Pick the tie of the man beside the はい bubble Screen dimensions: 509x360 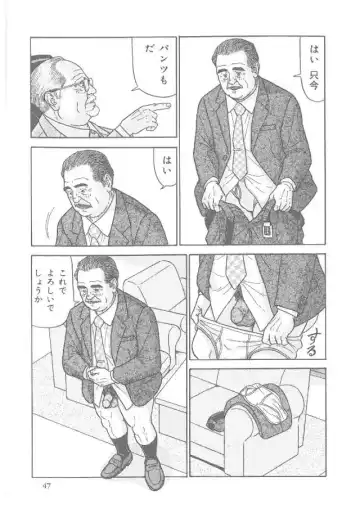95,235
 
